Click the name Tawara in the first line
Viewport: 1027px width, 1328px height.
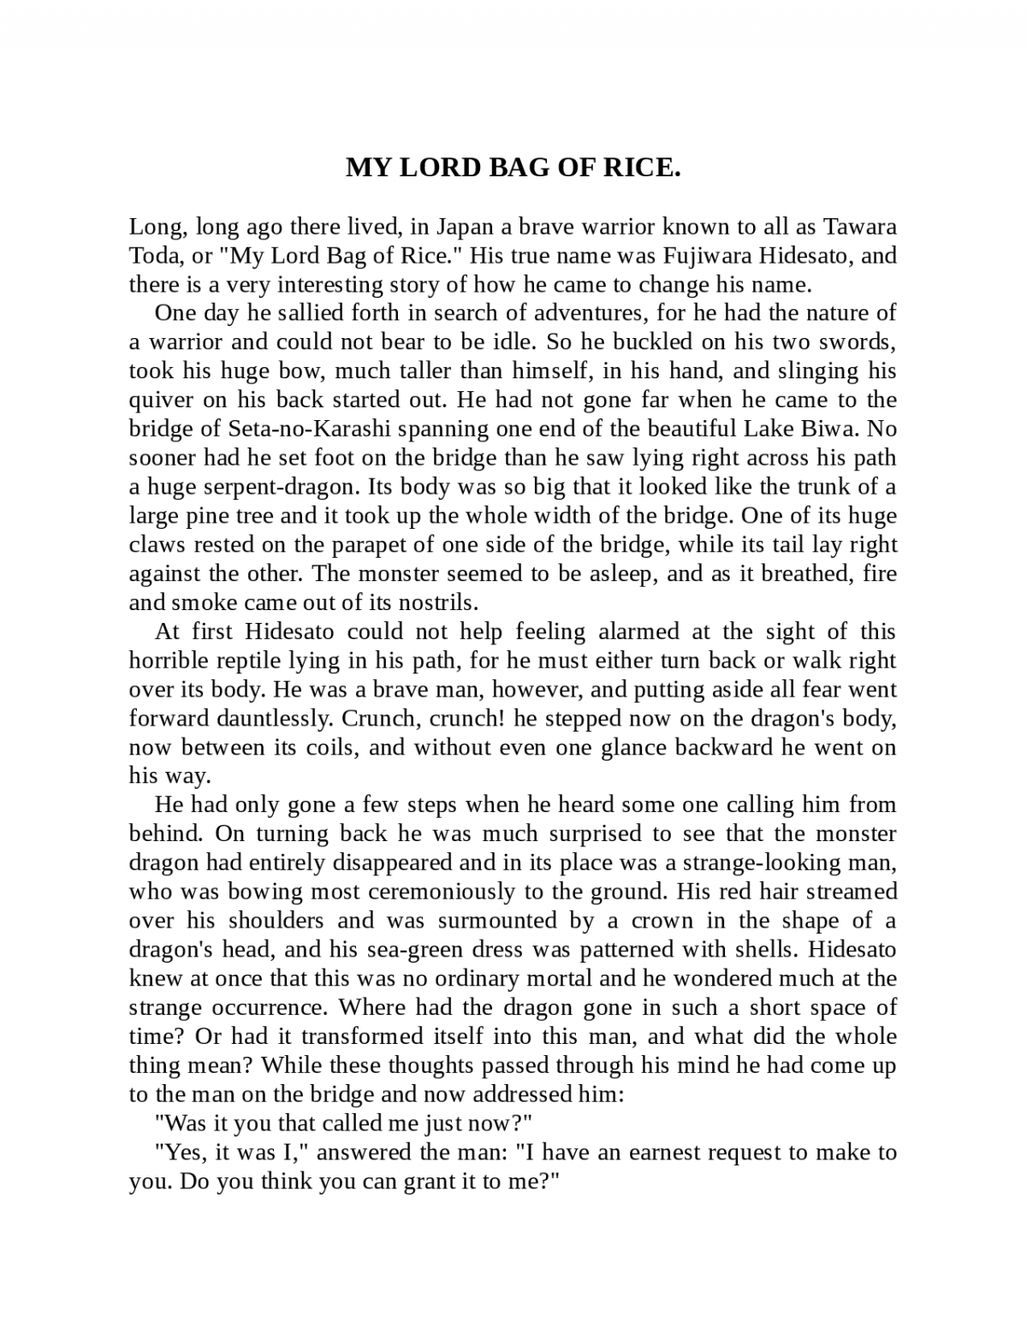tap(859, 227)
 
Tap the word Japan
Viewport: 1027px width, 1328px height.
tap(462, 227)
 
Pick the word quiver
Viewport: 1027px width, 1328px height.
tap(159, 400)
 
